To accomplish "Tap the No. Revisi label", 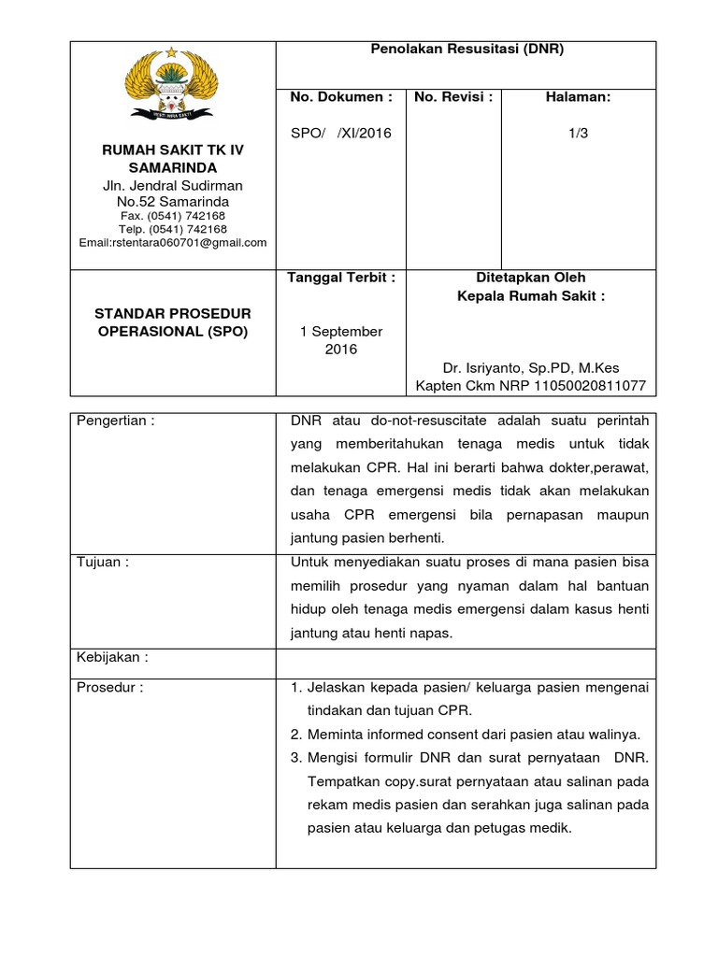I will (453, 96).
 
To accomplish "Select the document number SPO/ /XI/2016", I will (341, 133).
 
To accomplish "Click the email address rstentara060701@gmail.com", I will (173, 242).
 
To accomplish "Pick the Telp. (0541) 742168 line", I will (173, 229).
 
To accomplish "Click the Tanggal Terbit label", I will (341, 278).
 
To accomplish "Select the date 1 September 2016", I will (341, 340).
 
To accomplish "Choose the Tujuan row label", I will (102, 562).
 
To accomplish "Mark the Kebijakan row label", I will (112, 656).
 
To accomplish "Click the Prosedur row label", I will (110, 688).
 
